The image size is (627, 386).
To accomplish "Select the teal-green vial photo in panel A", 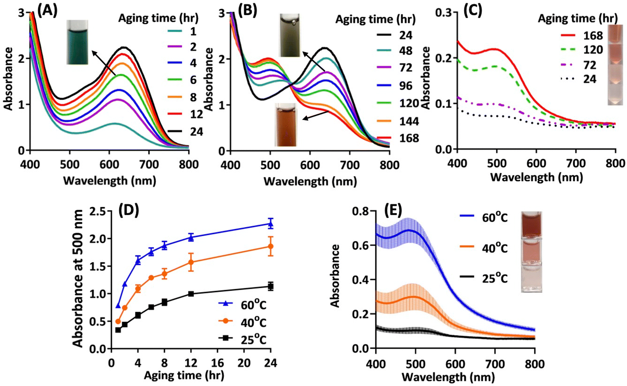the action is (77, 42).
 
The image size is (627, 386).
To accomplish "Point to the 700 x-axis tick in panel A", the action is (149, 165).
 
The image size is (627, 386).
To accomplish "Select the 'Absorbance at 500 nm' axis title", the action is (77, 278).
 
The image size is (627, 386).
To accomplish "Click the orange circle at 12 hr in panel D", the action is (191, 262).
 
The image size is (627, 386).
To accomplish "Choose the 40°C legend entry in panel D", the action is (243, 322).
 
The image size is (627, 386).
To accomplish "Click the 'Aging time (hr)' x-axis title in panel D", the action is (184, 375).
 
